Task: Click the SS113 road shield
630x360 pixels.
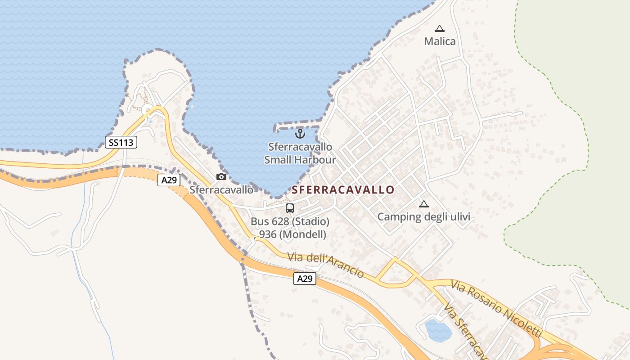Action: tap(121, 143)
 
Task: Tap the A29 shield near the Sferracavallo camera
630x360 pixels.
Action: tap(169, 180)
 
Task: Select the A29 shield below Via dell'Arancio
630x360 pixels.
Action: tap(305, 279)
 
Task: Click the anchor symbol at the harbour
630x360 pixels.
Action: tap(300, 134)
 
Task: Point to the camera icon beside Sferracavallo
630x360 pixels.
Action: tap(221, 176)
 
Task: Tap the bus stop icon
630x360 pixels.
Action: tap(290, 208)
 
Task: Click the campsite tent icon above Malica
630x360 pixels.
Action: tap(440, 28)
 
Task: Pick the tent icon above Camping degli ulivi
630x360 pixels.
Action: tap(423, 204)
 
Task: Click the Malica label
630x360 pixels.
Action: tap(440, 41)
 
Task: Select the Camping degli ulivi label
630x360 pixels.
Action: tap(423, 217)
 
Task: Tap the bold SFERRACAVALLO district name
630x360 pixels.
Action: tap(343, 190)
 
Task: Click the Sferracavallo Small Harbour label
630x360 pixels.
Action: tap(300, 153)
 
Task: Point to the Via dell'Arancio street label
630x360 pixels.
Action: tap(326, 265)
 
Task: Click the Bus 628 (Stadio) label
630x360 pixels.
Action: tap(290, 222)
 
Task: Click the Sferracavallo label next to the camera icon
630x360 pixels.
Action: tap(221, 190)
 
